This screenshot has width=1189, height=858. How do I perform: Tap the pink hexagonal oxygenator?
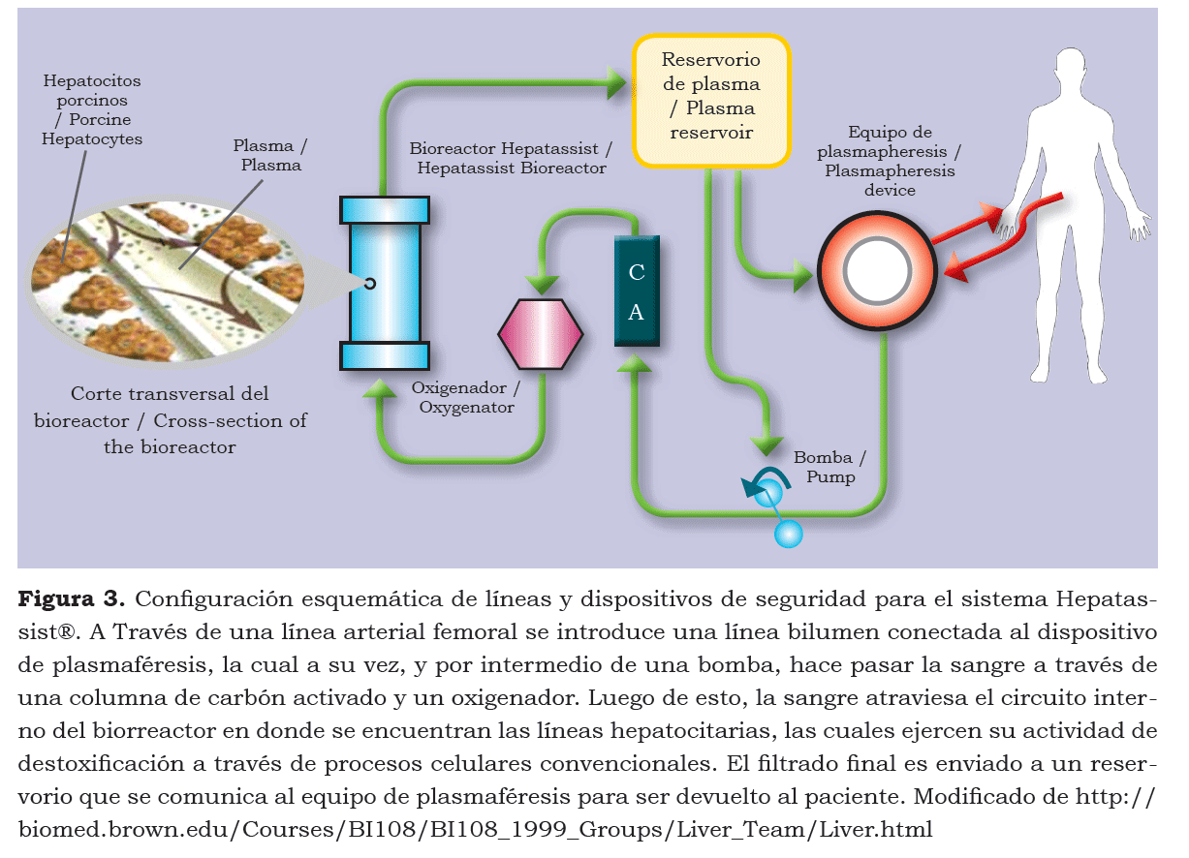click(x=540, y=333)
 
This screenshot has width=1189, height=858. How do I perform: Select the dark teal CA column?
click(x=637, y=291)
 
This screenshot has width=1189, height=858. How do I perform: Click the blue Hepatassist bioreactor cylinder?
click(x=385, y=283)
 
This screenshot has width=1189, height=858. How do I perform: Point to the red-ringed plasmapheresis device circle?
click(x=876, y=269)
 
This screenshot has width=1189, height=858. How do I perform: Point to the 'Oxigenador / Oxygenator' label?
click(x=466, y=397)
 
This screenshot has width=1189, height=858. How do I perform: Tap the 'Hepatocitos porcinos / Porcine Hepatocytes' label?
click(x=91, y=110)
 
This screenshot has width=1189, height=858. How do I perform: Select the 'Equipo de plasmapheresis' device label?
click(x=890, y=161)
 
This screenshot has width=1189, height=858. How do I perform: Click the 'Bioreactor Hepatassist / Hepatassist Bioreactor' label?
click(x=511, y=159)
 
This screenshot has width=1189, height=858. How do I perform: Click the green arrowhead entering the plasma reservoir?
click(x=615, y=81)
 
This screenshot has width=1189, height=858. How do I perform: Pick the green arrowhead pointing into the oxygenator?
click(x=540, y=284)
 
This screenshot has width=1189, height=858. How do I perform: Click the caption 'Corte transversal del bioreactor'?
click(x=171, y=420)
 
